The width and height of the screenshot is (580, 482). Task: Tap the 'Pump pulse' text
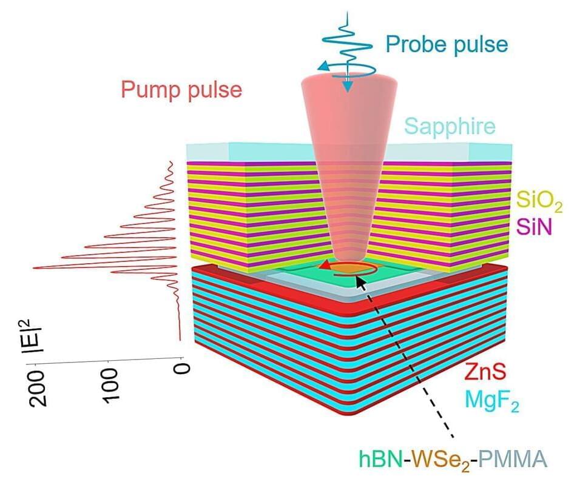pos(181,90)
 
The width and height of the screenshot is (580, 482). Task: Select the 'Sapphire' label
pos(450,126)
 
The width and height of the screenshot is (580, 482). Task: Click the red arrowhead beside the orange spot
pos(326,266)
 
